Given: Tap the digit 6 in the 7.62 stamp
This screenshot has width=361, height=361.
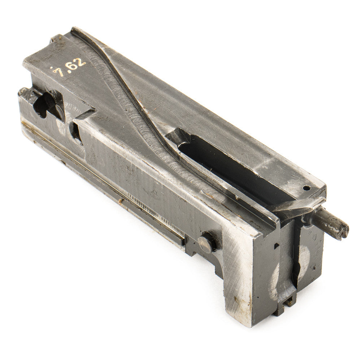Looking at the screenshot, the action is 72,66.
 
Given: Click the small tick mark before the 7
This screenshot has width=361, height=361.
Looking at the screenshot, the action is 53,68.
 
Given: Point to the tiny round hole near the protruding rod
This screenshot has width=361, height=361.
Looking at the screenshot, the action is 305,188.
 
